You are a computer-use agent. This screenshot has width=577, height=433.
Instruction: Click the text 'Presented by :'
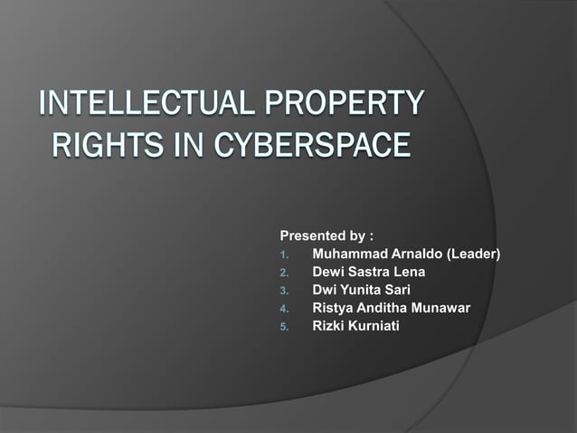click(x=326, y=236)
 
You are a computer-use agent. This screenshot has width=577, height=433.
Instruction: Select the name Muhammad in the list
click(x=348, y=254)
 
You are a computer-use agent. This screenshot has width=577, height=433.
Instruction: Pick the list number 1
click(x=283, y=255)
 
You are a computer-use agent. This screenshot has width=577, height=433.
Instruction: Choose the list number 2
click(x=283, y=273)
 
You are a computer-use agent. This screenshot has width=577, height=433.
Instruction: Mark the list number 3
click(x=283, y=291)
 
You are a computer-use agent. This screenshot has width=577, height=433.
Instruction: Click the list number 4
click(x=283, y=309)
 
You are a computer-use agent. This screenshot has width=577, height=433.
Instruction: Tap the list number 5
click(x=283, y=327)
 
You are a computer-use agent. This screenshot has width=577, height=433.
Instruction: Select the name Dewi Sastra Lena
click(x=368, y=272)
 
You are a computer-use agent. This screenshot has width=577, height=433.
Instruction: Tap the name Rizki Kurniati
click(x=355, y=326)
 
